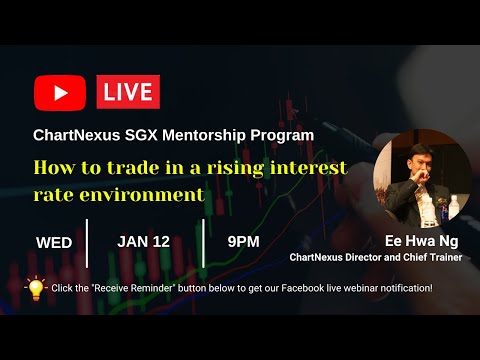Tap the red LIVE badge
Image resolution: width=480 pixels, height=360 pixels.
point(128,93)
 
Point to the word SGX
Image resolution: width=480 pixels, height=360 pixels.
point(144,134)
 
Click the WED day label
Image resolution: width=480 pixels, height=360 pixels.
point(54,242)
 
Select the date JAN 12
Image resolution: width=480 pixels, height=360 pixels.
point(144,241)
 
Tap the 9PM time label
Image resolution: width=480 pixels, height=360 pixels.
point(243,241)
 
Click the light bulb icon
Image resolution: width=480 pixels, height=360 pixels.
point(36,288)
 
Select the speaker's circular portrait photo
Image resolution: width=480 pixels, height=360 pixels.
point(422,180)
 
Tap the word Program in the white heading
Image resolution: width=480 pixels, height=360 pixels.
point(287,134)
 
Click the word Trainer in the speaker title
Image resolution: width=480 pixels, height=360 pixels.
point(449,257)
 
